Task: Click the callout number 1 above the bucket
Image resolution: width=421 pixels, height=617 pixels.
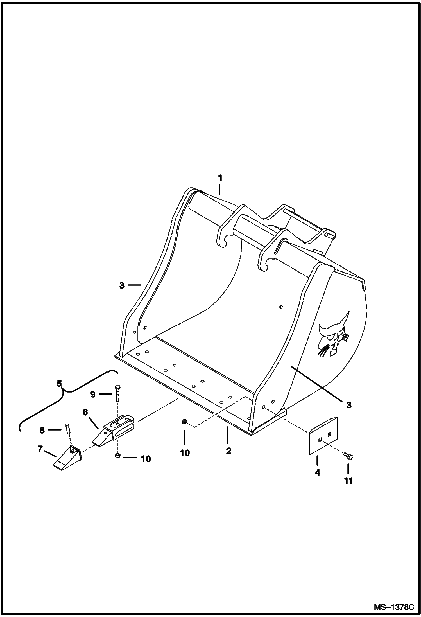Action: [220, 178]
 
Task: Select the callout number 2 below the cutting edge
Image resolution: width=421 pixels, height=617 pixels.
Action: [228, 451]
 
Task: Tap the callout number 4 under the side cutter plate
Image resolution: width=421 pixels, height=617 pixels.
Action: [317, 473]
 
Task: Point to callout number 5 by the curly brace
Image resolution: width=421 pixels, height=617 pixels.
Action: [59, 384]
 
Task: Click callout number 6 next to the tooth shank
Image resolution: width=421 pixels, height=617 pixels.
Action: [85, 412]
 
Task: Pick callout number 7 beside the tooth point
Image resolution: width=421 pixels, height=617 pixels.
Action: [40, 449]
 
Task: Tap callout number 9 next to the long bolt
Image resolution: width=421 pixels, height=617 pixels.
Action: [93, 394]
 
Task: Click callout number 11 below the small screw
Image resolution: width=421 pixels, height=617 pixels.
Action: [348, 481]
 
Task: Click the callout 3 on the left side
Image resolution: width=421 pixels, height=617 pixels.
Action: [122, 285]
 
